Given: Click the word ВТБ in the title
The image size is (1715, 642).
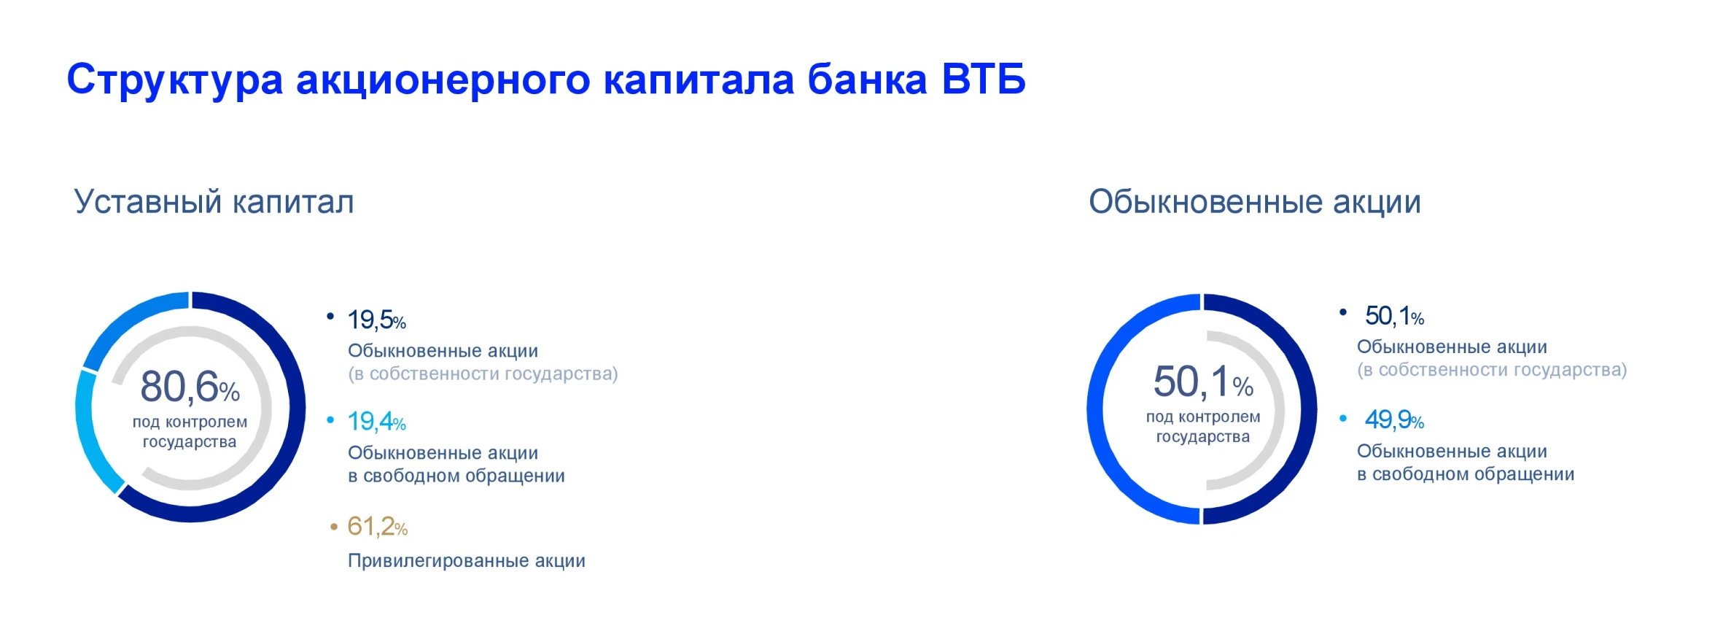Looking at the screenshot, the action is coord(984,79).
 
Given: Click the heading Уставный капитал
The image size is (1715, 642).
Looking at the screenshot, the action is coord(214,201).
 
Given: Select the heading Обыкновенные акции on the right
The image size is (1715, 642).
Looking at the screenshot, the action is coord(1255,201).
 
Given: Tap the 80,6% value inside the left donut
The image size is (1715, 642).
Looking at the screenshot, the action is coord(190,386).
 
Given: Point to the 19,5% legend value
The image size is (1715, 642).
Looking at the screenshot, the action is coord(376,320).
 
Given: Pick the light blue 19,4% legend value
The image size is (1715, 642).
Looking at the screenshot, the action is coord(376,422).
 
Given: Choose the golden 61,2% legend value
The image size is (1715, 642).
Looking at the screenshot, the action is coord(377,526).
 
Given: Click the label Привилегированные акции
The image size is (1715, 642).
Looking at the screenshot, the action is coord(467,561).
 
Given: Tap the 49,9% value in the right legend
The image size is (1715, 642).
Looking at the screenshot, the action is coord(1394,419).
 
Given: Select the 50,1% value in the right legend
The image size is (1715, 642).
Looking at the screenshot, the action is coord(1394,316).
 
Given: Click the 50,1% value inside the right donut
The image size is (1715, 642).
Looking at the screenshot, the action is coord(1203,382).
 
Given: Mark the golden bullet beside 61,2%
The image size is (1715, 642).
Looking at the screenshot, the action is coord(334,526).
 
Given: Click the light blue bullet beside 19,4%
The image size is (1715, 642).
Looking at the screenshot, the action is coord(330,419).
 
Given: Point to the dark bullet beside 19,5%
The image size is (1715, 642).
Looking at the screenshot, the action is coord(330,316).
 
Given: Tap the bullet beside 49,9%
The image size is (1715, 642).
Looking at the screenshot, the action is coord(1343,418).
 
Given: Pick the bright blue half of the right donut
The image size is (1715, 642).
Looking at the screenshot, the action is coord(1095,409).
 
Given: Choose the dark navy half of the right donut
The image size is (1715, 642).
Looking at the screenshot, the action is coord(1309,409).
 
